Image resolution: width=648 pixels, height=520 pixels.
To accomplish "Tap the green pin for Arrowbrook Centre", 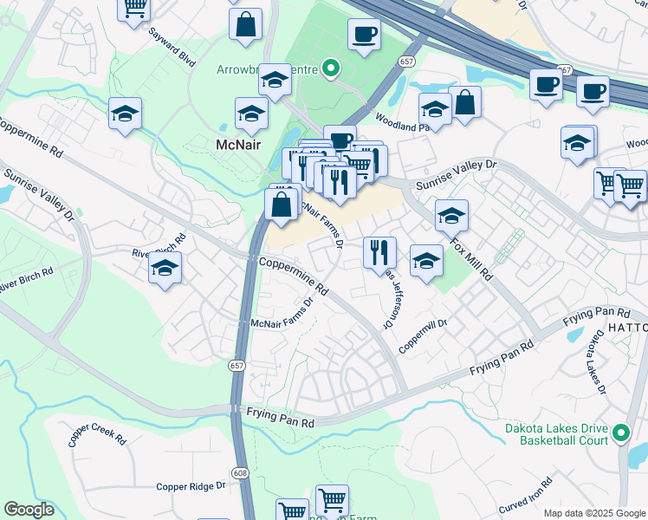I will (330, 67).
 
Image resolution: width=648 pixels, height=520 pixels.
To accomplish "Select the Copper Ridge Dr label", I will (191, 486).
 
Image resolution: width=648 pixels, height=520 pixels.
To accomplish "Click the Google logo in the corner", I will (29, 510).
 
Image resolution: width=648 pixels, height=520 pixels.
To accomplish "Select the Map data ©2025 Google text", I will (594, 513).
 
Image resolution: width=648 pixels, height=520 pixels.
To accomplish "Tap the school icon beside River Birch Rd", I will (165, 268).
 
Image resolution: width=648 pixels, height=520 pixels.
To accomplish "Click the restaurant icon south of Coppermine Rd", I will (379, 252).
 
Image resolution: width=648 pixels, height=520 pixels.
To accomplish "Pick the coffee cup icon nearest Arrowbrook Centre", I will (364, 35).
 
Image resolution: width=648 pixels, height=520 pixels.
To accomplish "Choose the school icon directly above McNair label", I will (252, 114).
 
